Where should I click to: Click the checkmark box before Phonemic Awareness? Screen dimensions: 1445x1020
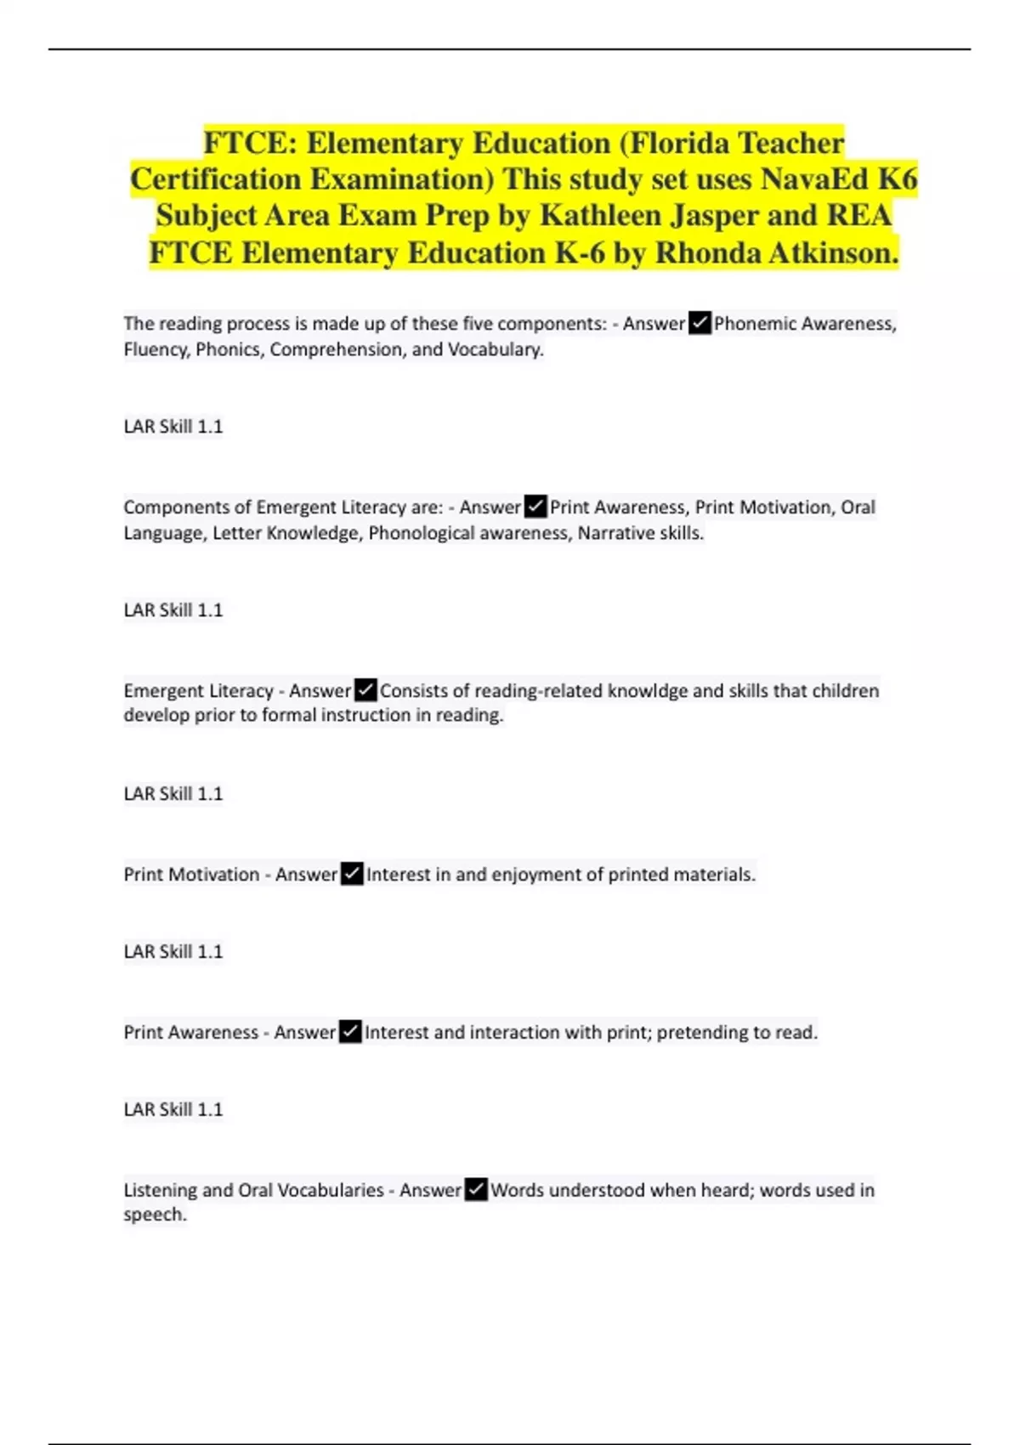[700, 324]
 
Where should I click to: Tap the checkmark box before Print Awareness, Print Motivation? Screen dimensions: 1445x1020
[535, 507]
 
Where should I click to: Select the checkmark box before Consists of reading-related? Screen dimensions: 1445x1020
[365, 690]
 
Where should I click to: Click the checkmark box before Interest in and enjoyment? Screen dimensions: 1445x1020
[352, 874]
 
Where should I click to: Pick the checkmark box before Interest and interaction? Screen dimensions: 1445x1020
[350, 1032]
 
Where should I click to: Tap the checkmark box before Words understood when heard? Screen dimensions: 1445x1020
[476, 1190]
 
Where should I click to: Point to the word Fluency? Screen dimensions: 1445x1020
[156, 349]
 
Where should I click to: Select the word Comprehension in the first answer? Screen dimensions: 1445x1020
[336, 349]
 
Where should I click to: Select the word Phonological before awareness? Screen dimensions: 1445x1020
[421, 533]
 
